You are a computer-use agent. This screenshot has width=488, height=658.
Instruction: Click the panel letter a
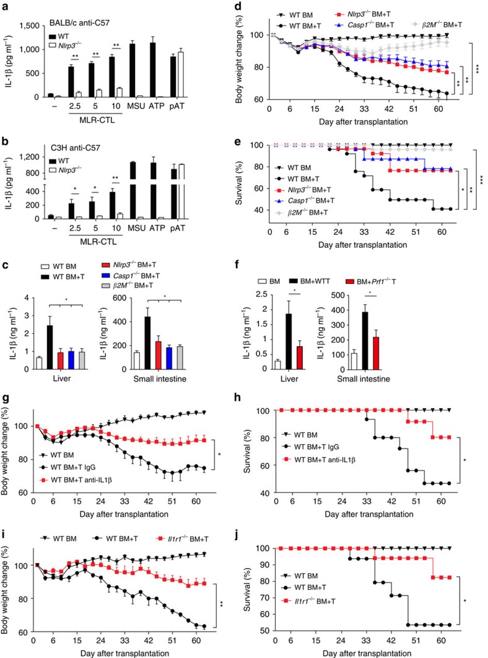(5, 7)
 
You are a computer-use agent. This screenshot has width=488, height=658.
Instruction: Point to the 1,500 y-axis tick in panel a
(30, 26)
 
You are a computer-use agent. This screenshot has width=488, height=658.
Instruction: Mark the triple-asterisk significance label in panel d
(477, 68)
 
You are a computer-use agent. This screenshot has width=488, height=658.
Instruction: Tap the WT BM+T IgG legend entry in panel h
(312, 447)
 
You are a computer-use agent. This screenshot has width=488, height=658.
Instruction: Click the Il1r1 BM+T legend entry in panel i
(183, 538)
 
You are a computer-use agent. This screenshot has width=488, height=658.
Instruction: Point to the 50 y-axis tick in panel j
(263, 631)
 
